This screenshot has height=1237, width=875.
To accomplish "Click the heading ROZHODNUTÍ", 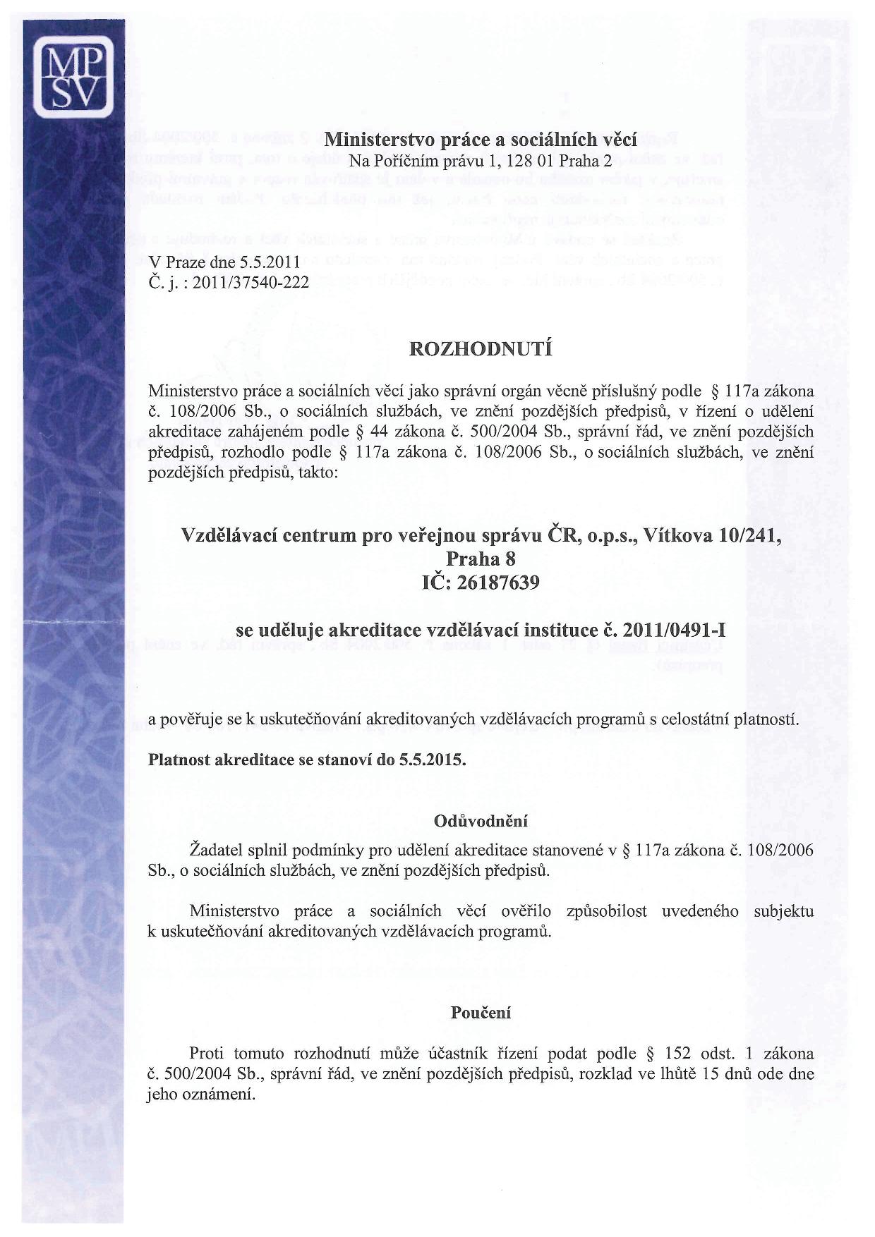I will click(x=481, y=349).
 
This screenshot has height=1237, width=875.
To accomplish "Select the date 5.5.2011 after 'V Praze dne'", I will click(x=270, y=262).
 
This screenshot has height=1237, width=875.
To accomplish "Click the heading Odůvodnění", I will click(x=481, y=821).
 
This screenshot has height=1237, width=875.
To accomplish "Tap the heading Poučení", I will click(x=481, y=1013).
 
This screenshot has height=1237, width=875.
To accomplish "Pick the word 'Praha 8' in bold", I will click(x=481, y=559).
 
